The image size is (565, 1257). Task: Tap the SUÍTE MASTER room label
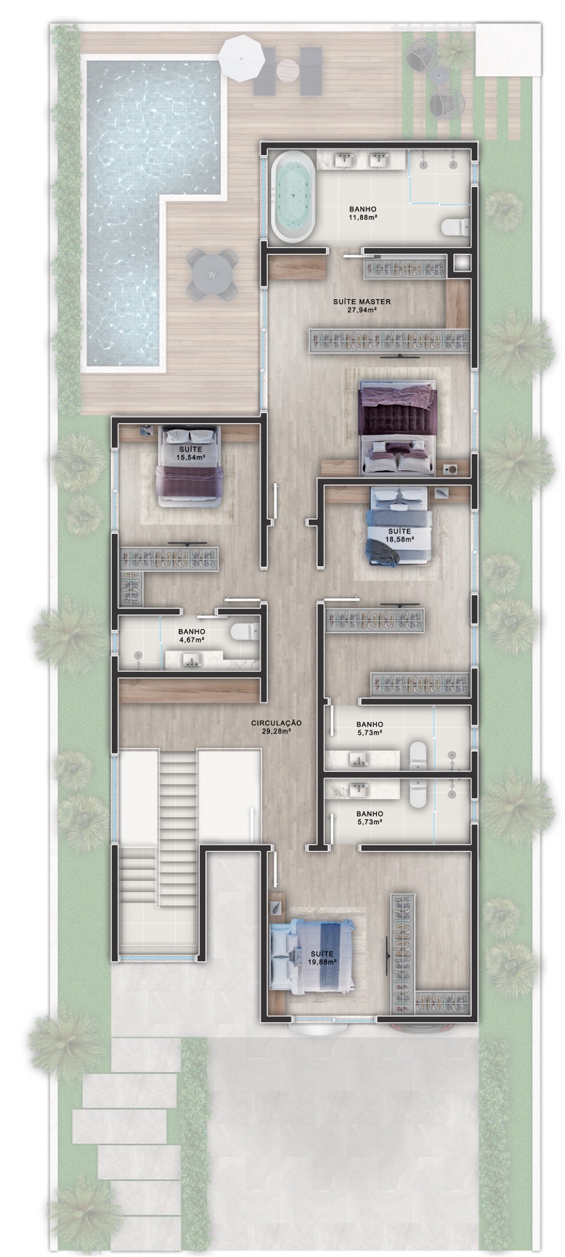(x=362, y=302)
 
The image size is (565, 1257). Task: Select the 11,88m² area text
(x=362, y=217)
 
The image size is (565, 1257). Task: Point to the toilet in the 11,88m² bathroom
(x=455, y=225)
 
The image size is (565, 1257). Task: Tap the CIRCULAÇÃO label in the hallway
(x=276, y=723)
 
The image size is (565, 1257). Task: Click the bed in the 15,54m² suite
(x=189, y=466)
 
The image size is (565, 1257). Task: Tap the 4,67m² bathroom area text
(x=191, y=640)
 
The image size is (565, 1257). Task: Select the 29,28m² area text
(x=276, y=732)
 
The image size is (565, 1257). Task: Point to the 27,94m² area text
(x=362, y=310)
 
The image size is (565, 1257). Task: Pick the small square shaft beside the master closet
(x=461, y=263)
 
